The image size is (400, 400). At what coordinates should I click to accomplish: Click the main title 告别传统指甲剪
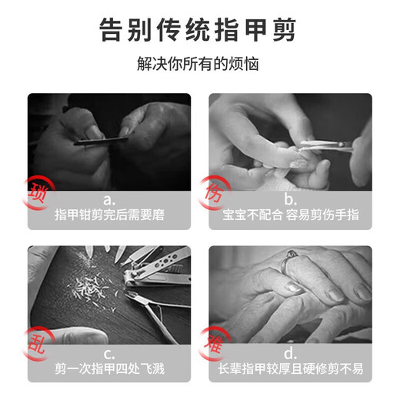pyautogui.click(x=199, y=31)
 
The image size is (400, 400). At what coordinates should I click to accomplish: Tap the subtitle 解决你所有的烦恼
pyautogui.click(x=199, y=65)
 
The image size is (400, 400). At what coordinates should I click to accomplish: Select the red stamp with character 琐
pyautogui.click(x=38, y=188)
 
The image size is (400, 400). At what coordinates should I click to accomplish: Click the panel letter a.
pyautogui.click(x=108, y=199)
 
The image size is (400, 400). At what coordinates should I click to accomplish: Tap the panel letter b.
pyautogui.click(x=289, y=199)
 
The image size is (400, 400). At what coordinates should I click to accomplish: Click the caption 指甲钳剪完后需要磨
pyautogui.click(x=108, y=215)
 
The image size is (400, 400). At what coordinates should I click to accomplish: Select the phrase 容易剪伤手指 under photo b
pyautogui.click(x=316, y=215)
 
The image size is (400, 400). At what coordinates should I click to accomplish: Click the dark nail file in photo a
pyautogui.click(x=100, y=139)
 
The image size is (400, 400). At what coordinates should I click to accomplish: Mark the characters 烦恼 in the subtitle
pyautogui.click(x=245, y=65)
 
